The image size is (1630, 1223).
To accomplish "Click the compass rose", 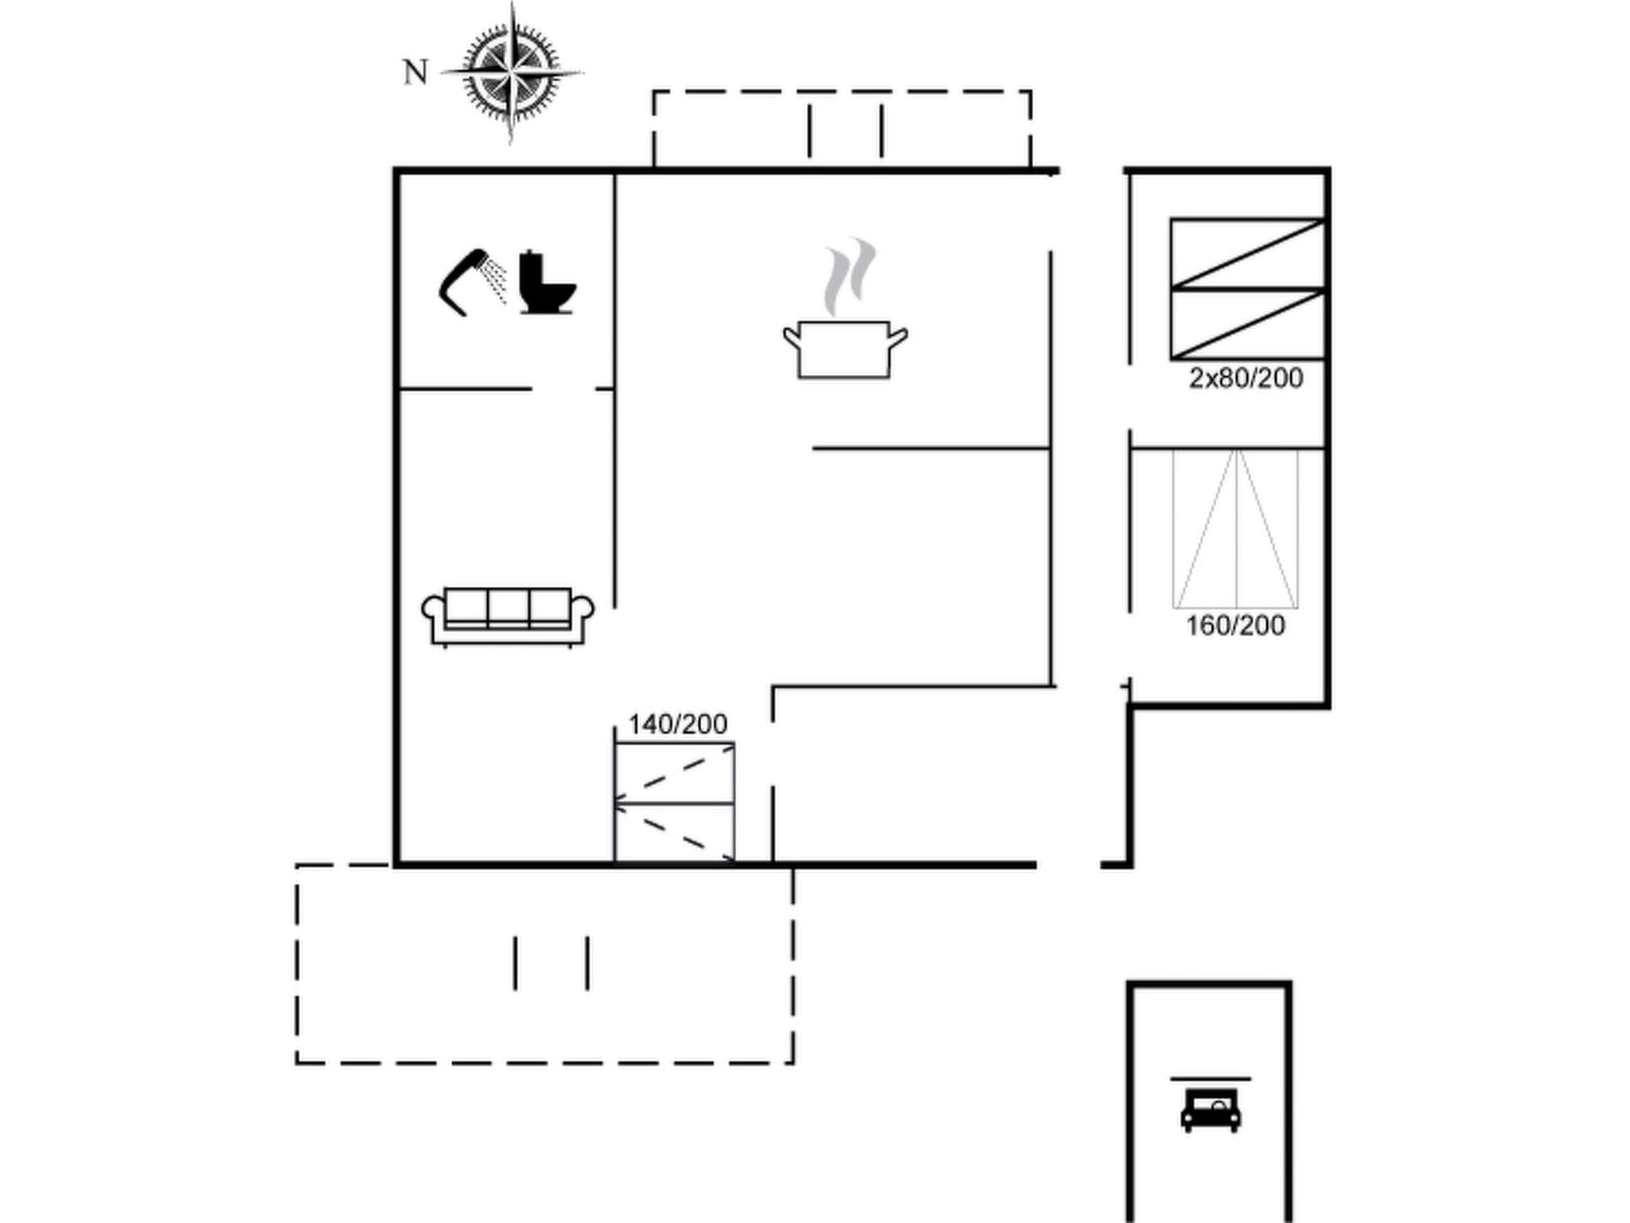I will (511, 72).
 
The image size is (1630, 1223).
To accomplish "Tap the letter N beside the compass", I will (415, 72).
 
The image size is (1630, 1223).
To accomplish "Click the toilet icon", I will (547, 283).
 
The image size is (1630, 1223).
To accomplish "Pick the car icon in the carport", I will (1211, 1110).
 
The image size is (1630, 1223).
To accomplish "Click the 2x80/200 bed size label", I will (1246, 378).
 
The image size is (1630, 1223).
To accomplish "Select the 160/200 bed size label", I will (1235, 626).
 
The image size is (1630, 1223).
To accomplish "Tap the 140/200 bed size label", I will (677, 725).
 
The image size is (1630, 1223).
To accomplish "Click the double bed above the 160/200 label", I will (1235, 529).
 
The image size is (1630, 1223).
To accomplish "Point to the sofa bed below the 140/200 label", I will (674, 803).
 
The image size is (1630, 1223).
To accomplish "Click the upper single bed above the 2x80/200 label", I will (1247, 253).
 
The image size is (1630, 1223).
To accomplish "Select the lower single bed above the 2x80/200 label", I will (1247, 324).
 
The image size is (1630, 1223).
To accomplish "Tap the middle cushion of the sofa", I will (508, 608).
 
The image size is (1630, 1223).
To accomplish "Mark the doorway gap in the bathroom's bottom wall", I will (563, 389).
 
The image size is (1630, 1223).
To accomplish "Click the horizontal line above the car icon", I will (1210, 1079).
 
